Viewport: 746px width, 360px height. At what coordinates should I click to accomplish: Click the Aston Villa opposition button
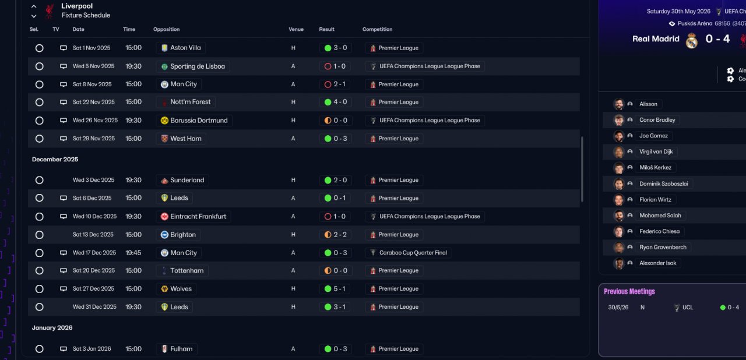pos(181,48)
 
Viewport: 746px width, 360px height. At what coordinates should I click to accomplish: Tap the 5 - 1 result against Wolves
pos(335,289)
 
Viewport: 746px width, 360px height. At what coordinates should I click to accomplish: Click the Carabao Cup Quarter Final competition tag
pos(410,253)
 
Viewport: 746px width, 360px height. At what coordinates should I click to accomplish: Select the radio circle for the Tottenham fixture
pos(39,271)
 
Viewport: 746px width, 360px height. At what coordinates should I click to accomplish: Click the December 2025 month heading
pos(55,160)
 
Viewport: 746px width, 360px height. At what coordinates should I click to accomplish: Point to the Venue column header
pos(296,29)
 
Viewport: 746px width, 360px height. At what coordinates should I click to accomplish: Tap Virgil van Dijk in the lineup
pos(656,152)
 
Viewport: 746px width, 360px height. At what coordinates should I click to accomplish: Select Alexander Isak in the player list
pos(657,263)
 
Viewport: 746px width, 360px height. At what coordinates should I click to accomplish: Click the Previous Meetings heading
pos(629,292)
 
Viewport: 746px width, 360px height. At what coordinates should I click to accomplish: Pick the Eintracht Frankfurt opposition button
pos(194,217)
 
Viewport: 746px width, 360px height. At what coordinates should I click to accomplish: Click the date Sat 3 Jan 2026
pos(92,349)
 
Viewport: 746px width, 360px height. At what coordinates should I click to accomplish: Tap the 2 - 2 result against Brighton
pos(335,235)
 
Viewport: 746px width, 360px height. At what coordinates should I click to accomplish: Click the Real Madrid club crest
pos(692,40)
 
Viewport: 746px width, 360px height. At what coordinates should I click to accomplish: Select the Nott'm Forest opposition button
pos(186,102)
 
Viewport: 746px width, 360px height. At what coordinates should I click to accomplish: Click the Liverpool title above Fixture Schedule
pos(77,6)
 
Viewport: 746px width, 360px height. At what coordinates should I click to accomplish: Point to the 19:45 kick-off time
pos(133,253)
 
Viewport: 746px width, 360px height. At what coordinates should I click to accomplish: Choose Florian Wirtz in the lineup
pos(655,200)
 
